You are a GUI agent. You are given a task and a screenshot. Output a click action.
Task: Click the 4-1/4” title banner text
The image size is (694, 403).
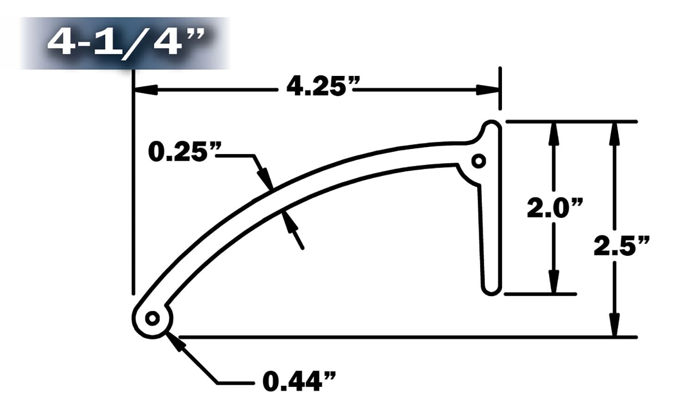[125, 42]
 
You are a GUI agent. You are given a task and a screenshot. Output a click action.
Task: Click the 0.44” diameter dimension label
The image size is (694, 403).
[299, 382]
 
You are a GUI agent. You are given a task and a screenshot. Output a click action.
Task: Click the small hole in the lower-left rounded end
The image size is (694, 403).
[152, 319]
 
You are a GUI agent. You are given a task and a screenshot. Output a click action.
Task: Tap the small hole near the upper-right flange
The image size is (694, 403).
[479, 161]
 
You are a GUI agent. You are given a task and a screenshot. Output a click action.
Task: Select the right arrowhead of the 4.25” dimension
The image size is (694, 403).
[488, 90]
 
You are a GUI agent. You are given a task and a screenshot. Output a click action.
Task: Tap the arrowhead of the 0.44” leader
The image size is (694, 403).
[175, 341]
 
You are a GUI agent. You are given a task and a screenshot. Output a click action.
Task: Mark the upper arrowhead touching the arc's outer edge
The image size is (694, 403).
[265, 179]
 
